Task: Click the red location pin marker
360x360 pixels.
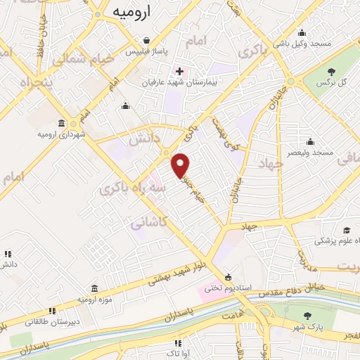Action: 181,165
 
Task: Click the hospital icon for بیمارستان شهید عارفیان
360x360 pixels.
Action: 180,71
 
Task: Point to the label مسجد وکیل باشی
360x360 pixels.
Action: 302,44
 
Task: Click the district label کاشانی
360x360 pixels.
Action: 149,223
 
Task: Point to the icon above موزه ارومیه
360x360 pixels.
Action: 94,288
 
